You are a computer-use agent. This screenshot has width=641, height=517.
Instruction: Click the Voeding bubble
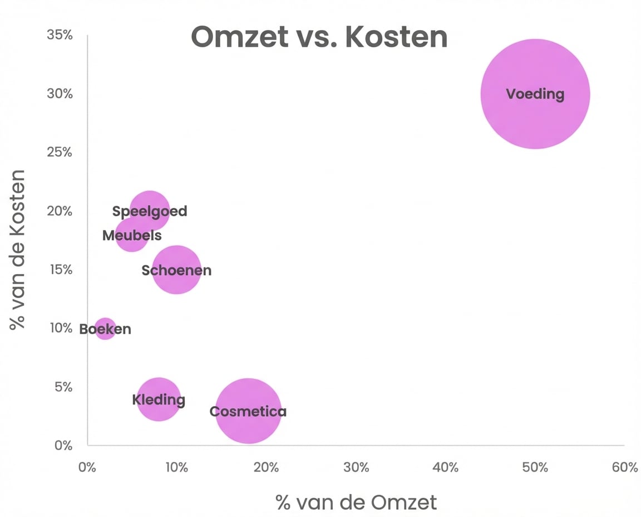(x=535, y=94)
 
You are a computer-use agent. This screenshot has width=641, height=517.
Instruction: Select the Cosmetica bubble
(x=248, y=411)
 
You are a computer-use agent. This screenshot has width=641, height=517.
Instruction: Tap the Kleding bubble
(x=159, y=399)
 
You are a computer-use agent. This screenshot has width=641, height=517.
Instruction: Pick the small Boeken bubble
(x=105, y=329)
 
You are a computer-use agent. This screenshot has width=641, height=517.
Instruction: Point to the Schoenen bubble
(x=176, y=270)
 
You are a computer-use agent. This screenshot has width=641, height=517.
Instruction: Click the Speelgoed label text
(x=150, y=211)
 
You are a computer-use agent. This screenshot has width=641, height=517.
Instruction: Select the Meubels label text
(x=132, y=236)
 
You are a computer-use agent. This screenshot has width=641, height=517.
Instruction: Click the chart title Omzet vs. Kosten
(x=319, y=37)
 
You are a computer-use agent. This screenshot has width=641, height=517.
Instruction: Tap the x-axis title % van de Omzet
(x=356, y=503)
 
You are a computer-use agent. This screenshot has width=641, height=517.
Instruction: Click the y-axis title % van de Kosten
(x=18, y=249)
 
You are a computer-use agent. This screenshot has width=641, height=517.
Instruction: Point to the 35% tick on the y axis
(x=60, y=35)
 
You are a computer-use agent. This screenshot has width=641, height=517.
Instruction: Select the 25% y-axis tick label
(x=60, y=152)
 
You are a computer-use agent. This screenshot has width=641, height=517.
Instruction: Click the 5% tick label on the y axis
(x=63, y=387)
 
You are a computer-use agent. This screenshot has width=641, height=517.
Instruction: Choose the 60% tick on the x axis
(x=624, y=467)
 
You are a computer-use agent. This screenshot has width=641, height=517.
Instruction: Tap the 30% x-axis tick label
(x=356, y=467)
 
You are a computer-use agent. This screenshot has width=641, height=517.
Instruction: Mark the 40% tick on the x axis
(x=445, y=467)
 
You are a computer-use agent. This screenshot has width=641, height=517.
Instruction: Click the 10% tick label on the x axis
(x=176, y=467)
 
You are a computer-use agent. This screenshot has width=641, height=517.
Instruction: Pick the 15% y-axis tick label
(x=60, y=270)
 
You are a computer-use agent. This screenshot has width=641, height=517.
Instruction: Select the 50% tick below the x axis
(x=535, y=467)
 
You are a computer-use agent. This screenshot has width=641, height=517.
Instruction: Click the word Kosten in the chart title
(x=396, y=37)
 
